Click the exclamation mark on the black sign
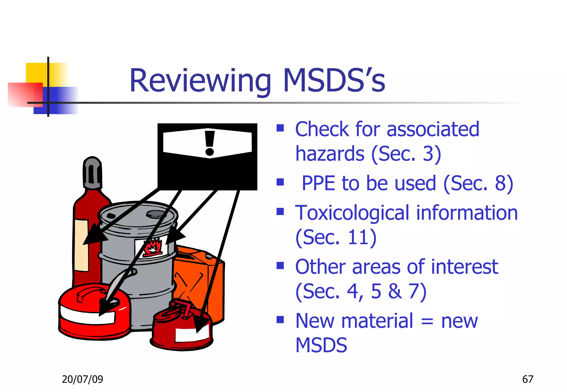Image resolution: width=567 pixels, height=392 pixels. (210, 143)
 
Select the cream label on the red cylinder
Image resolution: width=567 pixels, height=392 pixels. (81, 245)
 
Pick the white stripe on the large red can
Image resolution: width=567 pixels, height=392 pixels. (87, 315)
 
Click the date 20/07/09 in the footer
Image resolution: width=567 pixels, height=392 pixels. (82, 379)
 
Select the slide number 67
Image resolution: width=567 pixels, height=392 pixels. (527, 379)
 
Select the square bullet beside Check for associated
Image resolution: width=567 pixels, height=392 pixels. (280, 128)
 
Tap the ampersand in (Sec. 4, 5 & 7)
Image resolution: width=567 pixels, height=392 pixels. (395, 291)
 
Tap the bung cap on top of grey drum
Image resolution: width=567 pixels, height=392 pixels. (155, 214)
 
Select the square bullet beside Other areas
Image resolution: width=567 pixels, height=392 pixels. (280, 265)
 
